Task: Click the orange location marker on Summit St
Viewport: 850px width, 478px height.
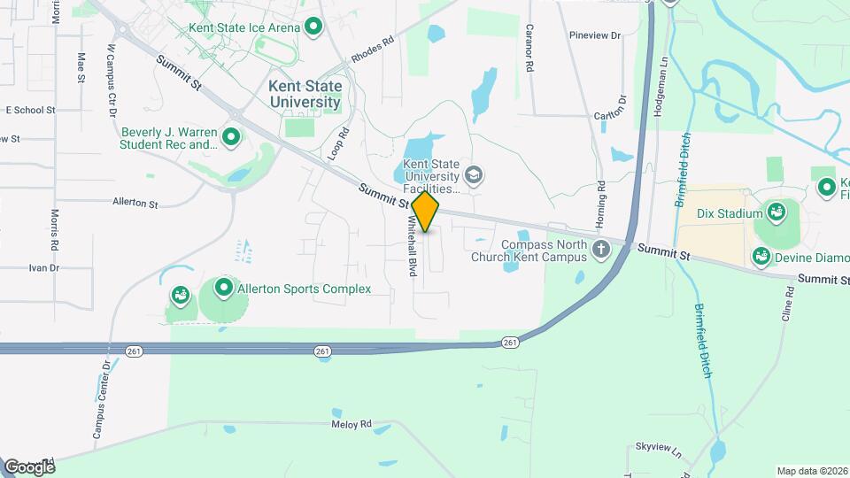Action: [x=426, y=212]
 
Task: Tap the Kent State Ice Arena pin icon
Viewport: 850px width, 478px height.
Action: [x=313, y=27]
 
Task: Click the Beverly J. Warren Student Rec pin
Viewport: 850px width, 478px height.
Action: [x=231, y=137]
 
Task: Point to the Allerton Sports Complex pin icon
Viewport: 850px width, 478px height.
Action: [x=224, y=288]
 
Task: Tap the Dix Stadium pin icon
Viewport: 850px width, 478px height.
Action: [x=777, y=212]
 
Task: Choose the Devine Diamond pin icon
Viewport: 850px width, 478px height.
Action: [x=761, y=256]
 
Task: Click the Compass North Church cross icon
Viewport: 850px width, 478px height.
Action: [x=601, y=250]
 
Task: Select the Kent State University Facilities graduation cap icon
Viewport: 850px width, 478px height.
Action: [x=474, y=174]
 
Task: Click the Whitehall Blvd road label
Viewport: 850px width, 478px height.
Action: [x=412, y=251]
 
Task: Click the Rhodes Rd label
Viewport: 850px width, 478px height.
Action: [x=372, y=49]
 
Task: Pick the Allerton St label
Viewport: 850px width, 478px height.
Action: [x=135, y=203]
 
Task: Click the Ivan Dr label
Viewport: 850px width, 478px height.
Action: [x=43, y=267]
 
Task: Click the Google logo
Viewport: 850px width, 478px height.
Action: [x=29, y=466]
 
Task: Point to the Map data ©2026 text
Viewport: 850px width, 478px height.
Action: [x=811, y=471]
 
